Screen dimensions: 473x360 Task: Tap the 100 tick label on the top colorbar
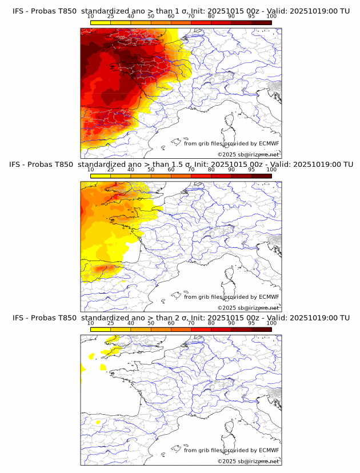point(271,16)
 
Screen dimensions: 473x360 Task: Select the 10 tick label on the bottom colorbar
point(91,323)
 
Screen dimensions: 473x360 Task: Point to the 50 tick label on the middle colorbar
point(151,170)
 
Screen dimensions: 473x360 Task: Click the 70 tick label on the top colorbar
point(191,16)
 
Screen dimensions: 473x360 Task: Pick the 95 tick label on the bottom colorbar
point(251,323)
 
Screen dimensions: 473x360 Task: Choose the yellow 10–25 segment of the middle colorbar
point(101,175)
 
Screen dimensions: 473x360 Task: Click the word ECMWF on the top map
point(269,143)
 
